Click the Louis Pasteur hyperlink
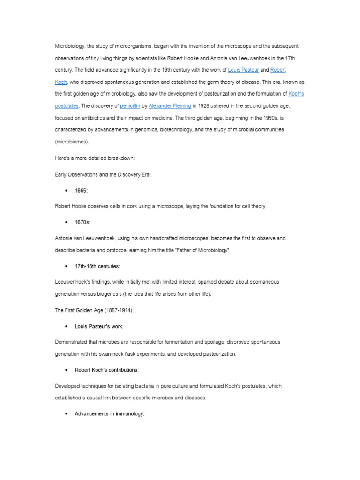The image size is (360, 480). pyautogui.click(x=243, y=70)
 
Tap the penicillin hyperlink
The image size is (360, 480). pyautogui.click(x=130, y=106)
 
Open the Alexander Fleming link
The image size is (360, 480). pyautogui.click(x=170, y=106)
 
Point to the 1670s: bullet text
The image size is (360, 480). pyautogui.click(x=83, y=222)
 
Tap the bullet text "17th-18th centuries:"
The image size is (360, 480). pyautogui.click(x=97, y=266)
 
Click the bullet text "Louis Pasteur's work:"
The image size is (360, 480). pyautogui.click(x=99, y=326)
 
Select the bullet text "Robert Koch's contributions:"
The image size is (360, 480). pyautogui.click(x=106, y=370)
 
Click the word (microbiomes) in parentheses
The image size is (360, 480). pyautogui.click(x=72, y=141)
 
